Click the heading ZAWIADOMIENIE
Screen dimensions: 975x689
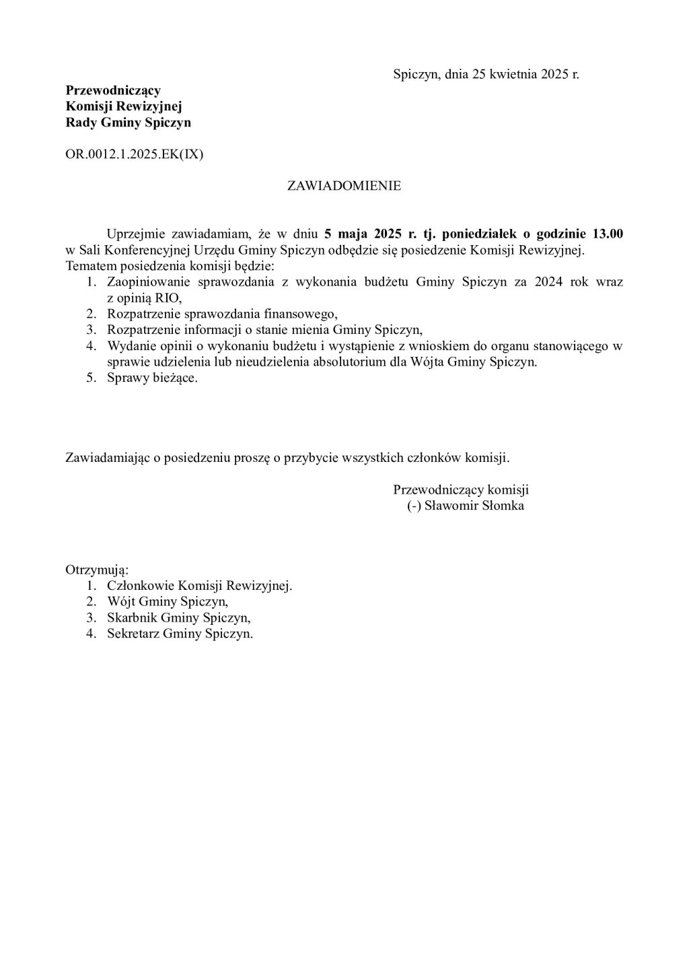(344, 186)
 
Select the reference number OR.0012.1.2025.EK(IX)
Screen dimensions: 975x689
(134, 154)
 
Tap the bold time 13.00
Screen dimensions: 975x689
(607, 234)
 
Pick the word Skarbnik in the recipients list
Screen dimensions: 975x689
(132, 617)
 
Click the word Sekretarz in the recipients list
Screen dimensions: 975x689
(134, 634)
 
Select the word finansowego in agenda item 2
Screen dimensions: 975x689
(301, 314)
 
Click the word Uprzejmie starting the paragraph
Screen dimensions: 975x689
(137, 234)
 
